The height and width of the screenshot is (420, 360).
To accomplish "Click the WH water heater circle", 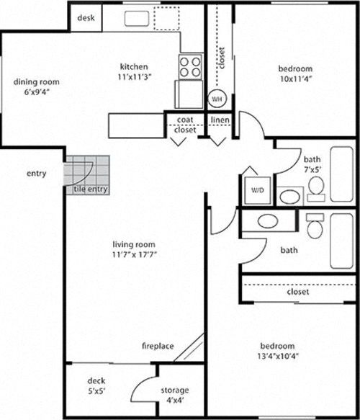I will (217, 99).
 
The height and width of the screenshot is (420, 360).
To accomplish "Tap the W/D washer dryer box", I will (257, 191).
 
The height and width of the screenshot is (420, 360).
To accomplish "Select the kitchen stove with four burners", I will (191, 67).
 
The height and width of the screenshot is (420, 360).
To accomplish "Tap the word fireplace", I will (157, 347).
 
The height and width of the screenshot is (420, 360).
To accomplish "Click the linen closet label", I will (220, 120).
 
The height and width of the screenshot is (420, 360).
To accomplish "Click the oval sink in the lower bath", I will (267, 220).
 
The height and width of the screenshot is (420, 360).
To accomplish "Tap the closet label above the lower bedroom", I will (297, 292).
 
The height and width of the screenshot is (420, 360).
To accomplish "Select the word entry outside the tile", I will (36, 174).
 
